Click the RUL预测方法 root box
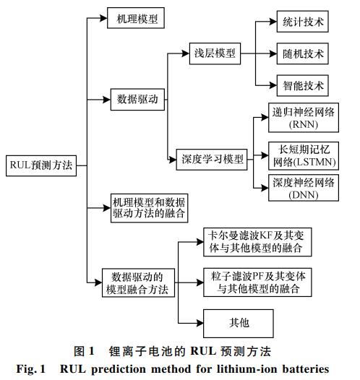point(41,165)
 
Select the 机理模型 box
point(136,18)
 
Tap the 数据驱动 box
point(137,100)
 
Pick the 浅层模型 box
point(215,53)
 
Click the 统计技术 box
point(303,22)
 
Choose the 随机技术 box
point(303,53)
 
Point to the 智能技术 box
point(303,85)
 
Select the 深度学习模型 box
point(212,160)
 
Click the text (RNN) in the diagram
point(304,124)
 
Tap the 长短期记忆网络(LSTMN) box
point(304,156)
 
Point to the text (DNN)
point(304,195)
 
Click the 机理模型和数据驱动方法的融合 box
point(150,208)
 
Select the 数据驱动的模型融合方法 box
point(138,282)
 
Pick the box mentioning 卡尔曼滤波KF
point(257,242)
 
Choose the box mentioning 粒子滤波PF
point(257,282)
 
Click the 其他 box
point(239,324)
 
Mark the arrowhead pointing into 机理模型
point(103,18)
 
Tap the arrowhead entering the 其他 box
point(200,323)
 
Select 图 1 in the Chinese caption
point(84,351)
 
